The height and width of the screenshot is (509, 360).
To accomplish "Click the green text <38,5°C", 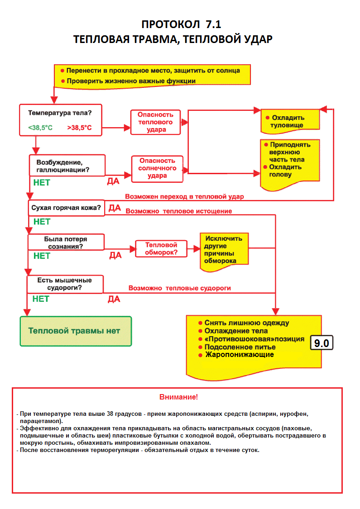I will coord(40,128).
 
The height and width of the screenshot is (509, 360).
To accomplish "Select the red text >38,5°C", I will coord(79,128).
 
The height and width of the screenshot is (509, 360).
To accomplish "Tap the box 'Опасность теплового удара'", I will coord(155,122).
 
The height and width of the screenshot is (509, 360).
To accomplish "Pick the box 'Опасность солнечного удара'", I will coord(157,168).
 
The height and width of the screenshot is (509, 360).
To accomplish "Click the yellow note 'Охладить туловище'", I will coord(289,121).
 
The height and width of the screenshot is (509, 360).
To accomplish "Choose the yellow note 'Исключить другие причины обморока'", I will coord(224,250).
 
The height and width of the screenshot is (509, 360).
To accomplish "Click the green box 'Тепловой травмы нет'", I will coord(76,331).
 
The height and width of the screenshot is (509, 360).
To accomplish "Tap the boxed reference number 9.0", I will coord(322,343).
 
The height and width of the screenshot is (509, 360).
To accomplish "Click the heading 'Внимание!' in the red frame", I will coord(178,397).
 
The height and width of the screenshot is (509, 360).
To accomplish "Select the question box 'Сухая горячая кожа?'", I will coord(66,208).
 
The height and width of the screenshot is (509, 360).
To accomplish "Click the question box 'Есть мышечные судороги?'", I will coord(65,284).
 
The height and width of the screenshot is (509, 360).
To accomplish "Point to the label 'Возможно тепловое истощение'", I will coord(178,211).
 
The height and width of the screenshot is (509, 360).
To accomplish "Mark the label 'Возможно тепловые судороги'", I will coord(180,288).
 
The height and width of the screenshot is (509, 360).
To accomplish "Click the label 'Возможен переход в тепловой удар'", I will coord(184,197).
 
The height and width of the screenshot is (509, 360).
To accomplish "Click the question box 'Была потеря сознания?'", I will coord(66,243).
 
